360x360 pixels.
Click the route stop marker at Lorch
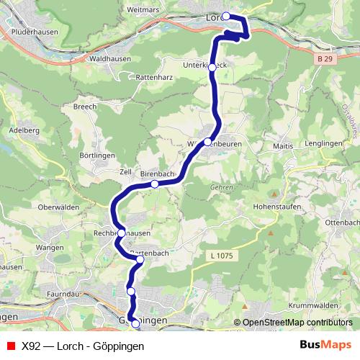coord(226,16)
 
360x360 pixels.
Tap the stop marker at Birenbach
coord(154,184)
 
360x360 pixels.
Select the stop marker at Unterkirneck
coord(212,66)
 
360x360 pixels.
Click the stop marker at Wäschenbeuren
coord(207,142)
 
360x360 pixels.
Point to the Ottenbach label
coord(342,222)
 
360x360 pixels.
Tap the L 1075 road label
coord(223,256)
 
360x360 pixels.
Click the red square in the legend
coord(9,346)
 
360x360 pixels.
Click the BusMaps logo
coord(325,345)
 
